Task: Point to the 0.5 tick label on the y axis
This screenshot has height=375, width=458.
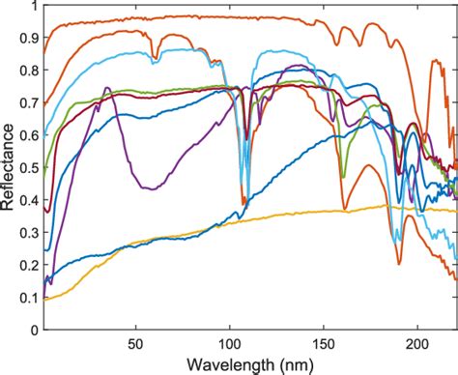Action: click(x=27, y=168)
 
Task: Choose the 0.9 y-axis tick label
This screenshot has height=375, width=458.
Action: click(x=27, y=40)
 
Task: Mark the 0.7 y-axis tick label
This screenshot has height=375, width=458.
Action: click(x=27, y=104)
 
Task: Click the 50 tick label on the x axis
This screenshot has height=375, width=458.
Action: click(x=135, y=342)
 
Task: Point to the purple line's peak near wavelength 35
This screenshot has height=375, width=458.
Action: click(x=107, y=89)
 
